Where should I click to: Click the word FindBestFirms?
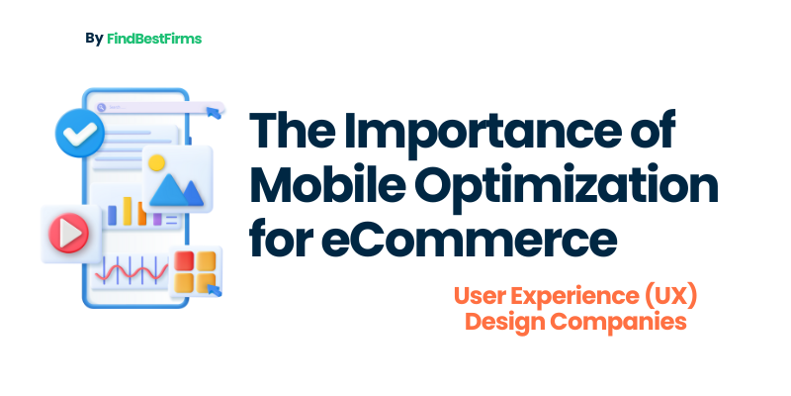click(x=154, y=39)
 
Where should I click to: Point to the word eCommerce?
click(x=469, y=240)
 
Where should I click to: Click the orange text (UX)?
click(x=670, y=297)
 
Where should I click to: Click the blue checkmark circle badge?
click(x=80, y=133)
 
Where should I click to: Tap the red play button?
click(x=68, y=234)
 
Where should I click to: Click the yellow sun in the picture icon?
click(x=157, y=162)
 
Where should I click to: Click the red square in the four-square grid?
click(x=184, y=260)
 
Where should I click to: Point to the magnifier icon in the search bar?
click(x=102, y=107)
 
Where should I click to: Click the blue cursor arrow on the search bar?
click(x=214, y=112)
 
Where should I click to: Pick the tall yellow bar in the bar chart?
click(x=128, y=211)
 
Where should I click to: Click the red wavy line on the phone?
click(x=132, y=272)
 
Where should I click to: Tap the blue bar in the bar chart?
click(x=112, y=215)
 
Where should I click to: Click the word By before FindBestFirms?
click(x=94, y=39)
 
